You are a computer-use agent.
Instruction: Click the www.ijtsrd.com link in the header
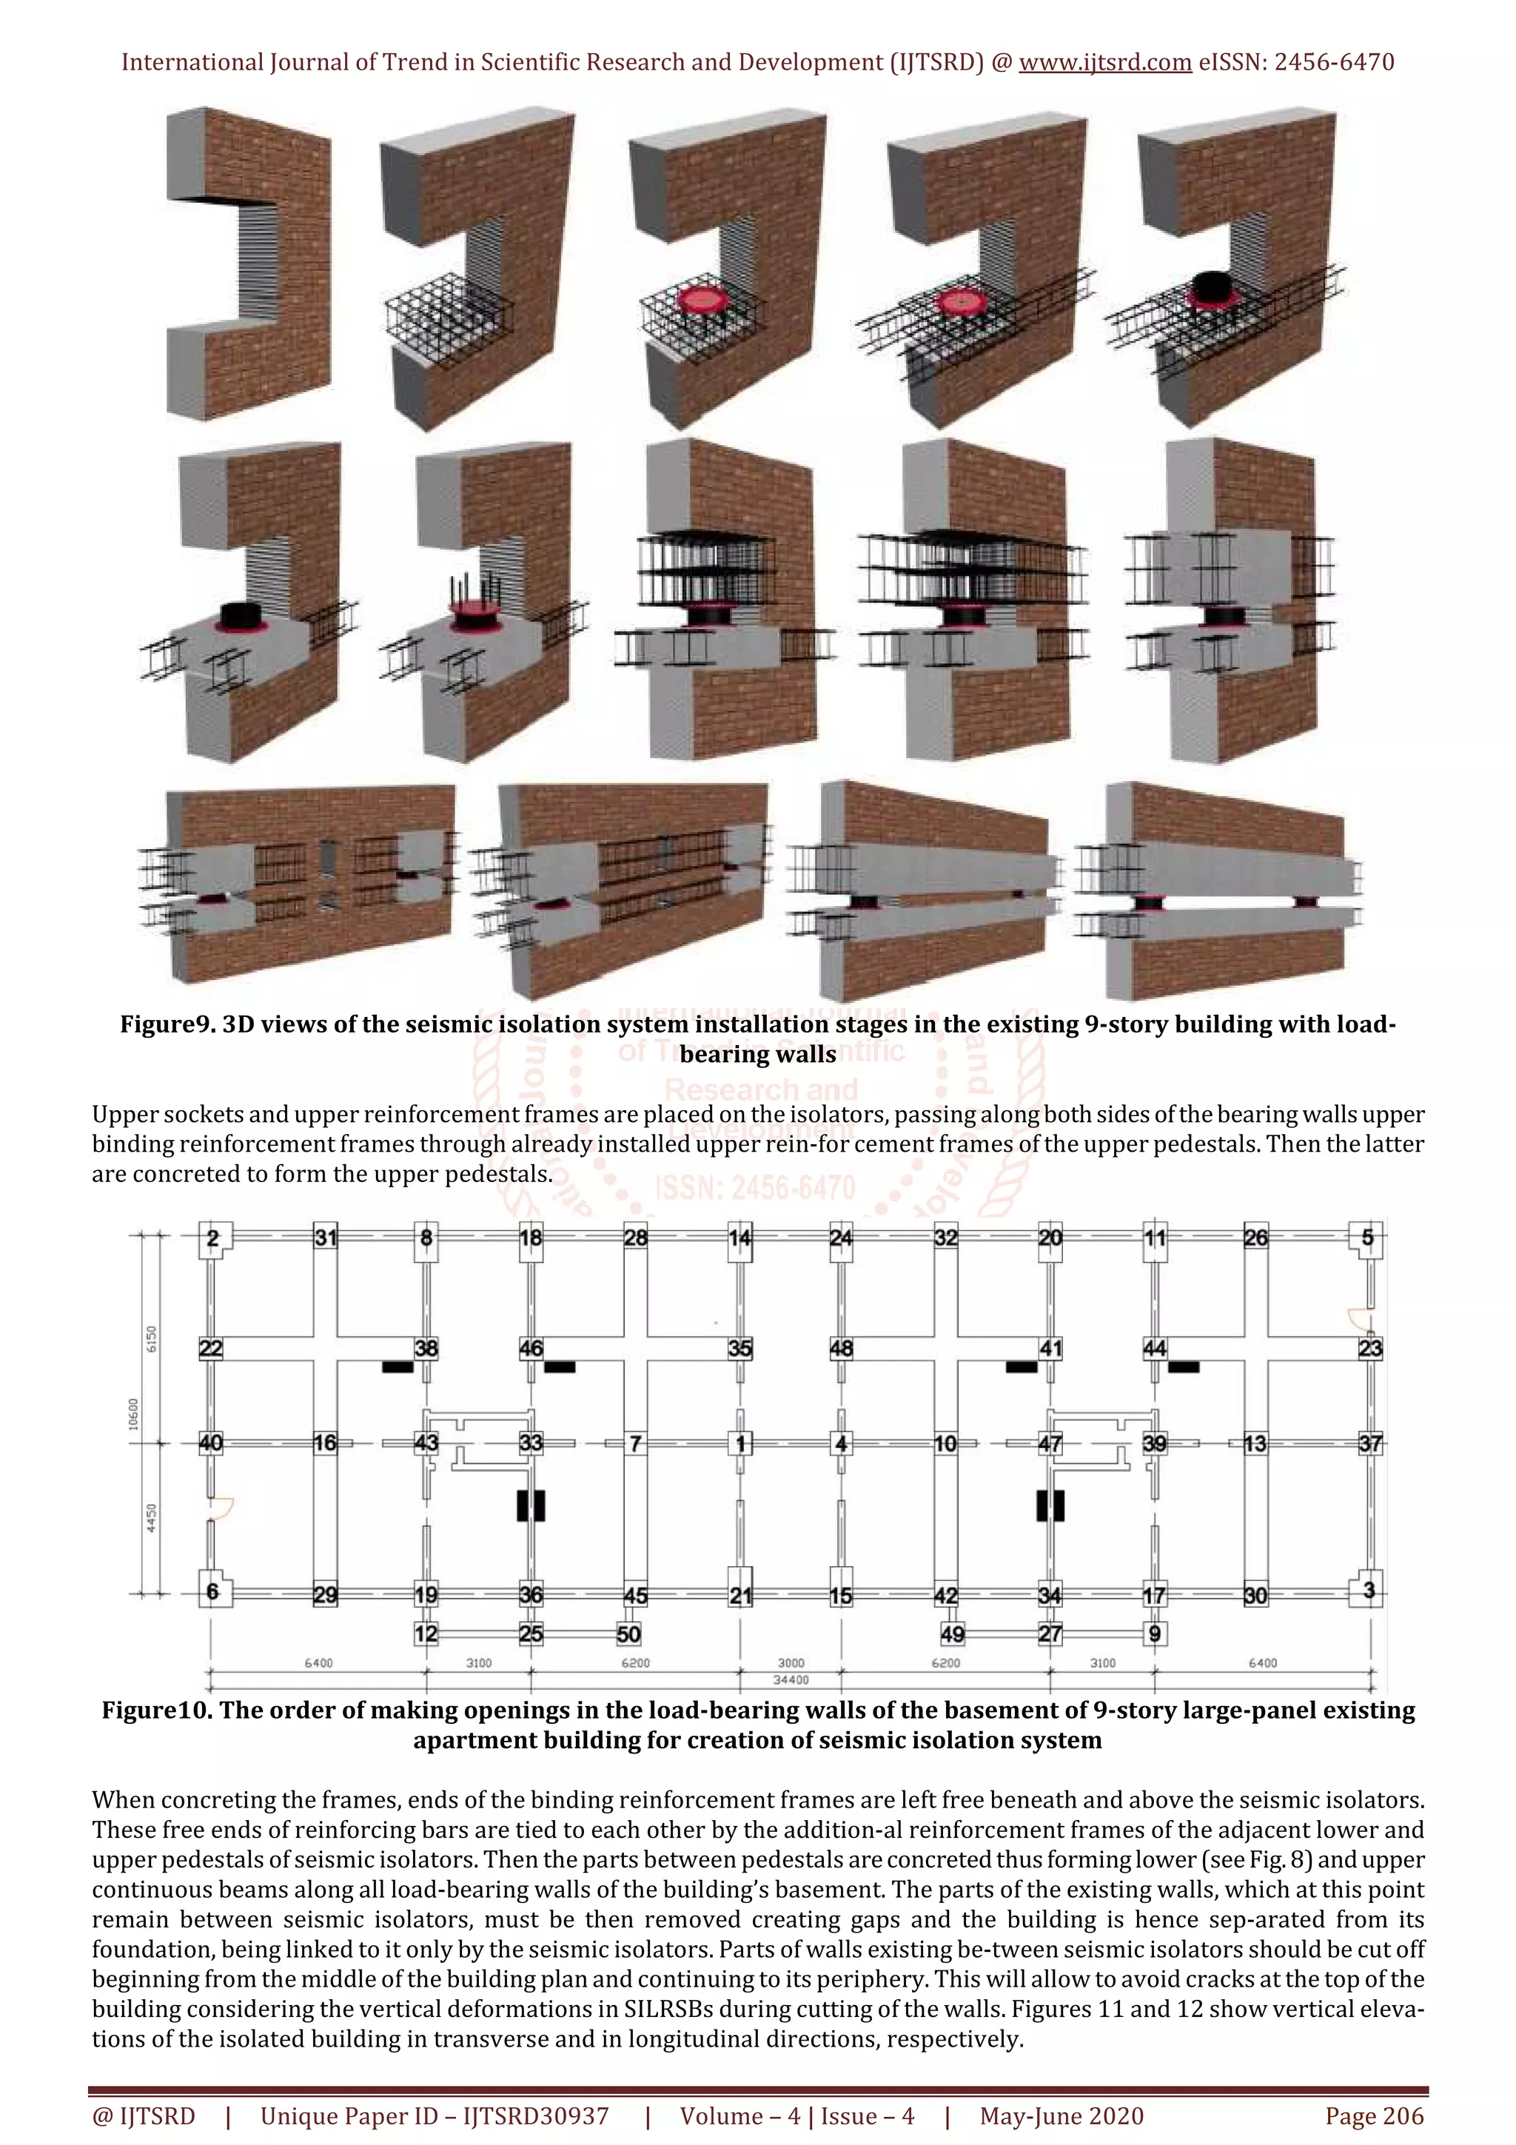(1104, 63)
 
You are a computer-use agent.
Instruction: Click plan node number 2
(213, 1238)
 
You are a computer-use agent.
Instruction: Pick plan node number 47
(1050, 1443)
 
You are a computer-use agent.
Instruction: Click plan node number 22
(211, 1348)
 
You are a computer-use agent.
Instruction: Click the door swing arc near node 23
(1356, 1317)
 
